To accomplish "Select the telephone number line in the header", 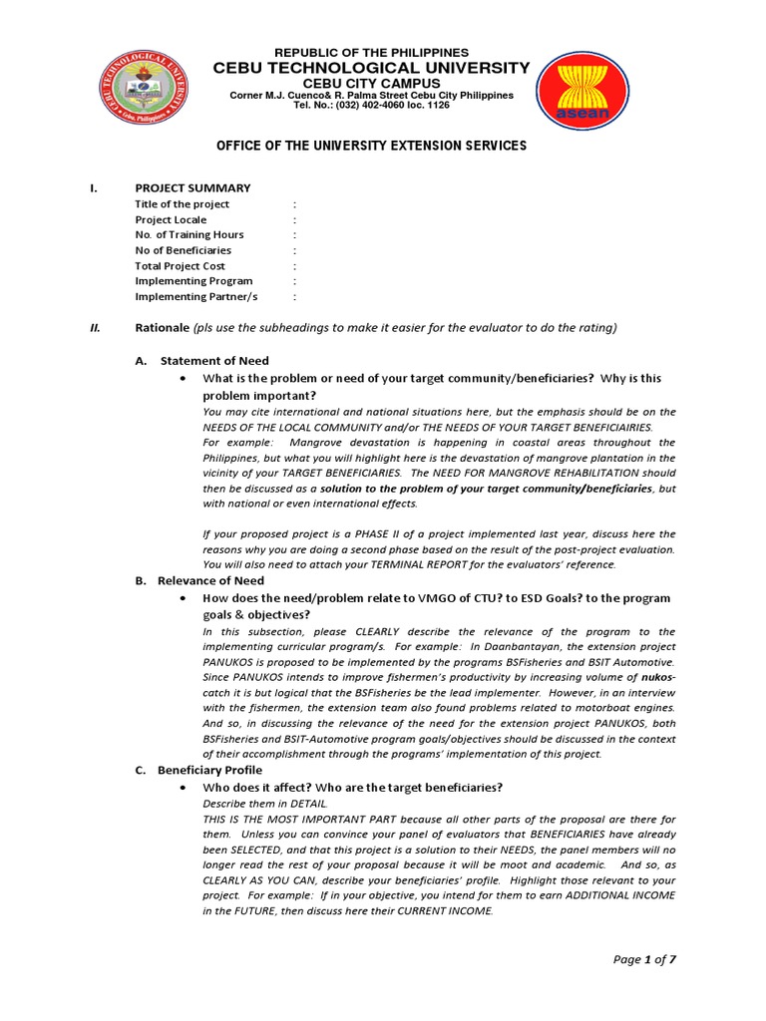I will click(372, 105).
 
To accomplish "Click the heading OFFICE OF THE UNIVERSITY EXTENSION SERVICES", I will click(372, 146).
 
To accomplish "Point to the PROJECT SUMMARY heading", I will click(192, 187).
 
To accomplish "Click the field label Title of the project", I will click(182, 203).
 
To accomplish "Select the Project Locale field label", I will click(171, 219).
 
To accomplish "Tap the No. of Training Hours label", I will click(189, 234).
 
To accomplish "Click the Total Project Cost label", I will click(180, 266).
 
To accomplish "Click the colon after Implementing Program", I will click(295, 281).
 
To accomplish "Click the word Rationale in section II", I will click(163, 328).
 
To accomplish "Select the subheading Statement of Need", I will click(214, 361).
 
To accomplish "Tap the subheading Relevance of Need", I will click(210, 580).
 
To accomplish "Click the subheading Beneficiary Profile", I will click(209, 770).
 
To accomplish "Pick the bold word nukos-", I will click(657, 677).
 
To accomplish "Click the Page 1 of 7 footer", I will click(644, 959).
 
